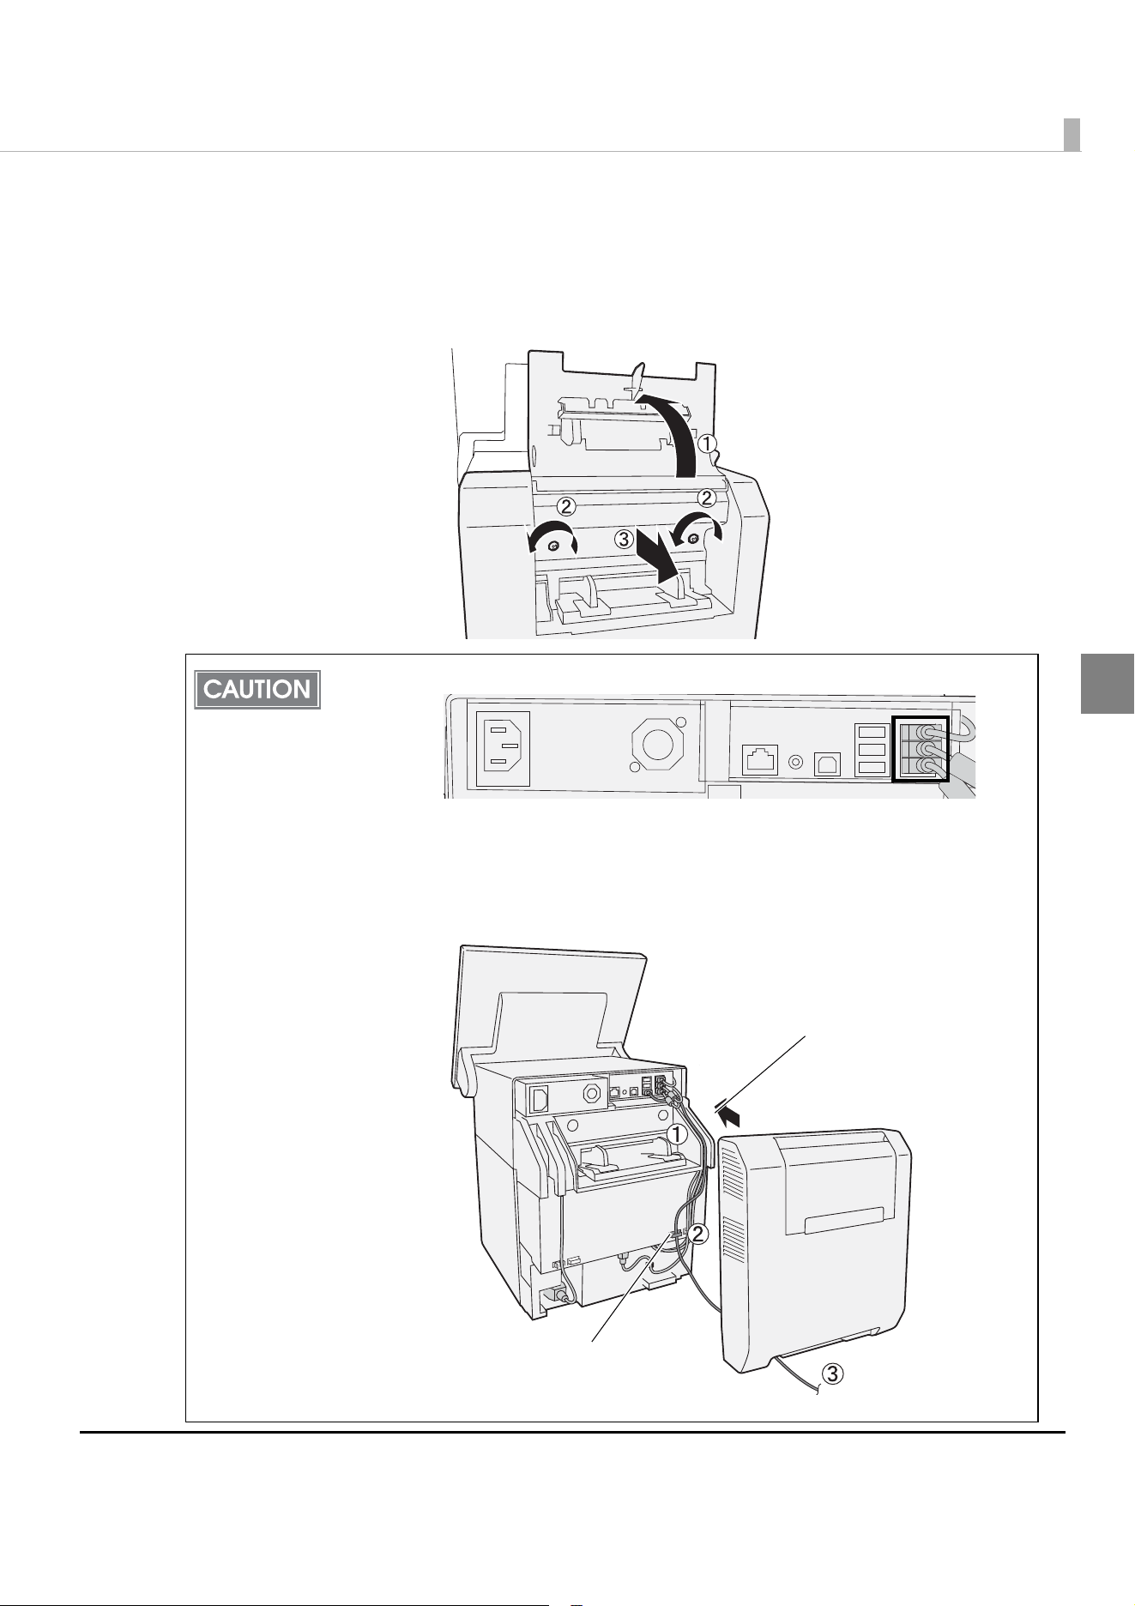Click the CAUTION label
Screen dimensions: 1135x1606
(257, 689)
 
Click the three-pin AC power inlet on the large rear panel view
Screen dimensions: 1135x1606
(503, 749)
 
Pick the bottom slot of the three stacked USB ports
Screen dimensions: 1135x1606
(871, 767)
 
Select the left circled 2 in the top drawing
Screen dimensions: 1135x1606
(566, 504)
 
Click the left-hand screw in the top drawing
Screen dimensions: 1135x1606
(554, 546)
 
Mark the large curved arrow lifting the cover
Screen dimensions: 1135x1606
(673, 429)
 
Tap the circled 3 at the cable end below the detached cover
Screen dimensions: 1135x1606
(833, 1374)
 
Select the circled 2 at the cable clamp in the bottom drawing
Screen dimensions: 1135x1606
(699, 1235)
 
